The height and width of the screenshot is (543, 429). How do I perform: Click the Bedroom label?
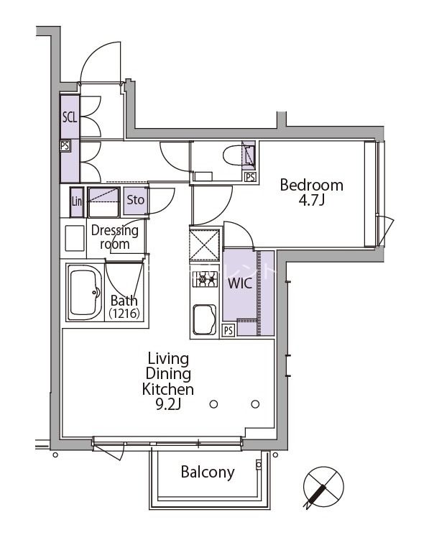point(311,185)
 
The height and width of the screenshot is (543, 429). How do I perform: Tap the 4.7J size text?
point(312,201)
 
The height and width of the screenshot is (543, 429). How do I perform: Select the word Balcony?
point(207,473)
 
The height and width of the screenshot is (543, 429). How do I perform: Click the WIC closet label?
point(239,283)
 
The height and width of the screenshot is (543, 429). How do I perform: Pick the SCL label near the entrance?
point(69,118)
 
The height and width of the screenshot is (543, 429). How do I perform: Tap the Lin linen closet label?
point(77,202)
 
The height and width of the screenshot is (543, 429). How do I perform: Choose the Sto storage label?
point(135,201)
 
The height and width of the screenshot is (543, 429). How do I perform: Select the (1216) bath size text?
point(124,314)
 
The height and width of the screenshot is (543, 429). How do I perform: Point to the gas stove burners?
point(206,279)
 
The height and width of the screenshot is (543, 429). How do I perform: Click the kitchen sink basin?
point(205,318)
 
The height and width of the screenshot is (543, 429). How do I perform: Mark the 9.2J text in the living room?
point(167,405)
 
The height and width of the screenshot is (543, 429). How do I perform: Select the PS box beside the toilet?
point(249,177)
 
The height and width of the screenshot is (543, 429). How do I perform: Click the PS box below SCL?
point(65,145)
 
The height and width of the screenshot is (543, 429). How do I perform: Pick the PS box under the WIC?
point(227,331)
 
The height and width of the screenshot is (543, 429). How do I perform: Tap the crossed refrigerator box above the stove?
point(206,245)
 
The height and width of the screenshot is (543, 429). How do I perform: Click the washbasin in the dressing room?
point(74,238)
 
